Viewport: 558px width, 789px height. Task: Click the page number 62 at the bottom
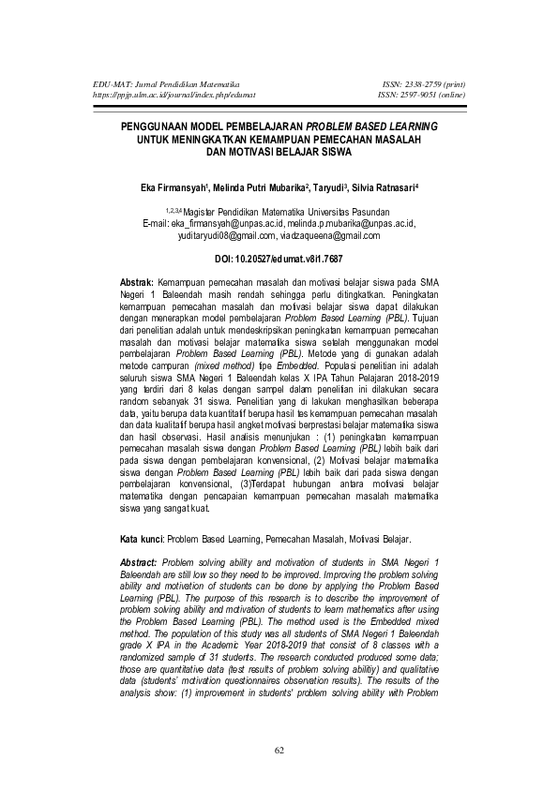coord(279,750)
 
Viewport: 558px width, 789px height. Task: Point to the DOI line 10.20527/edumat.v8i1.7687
coord(279,256)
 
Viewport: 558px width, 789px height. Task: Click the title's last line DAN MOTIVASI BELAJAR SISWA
coord(279,151)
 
